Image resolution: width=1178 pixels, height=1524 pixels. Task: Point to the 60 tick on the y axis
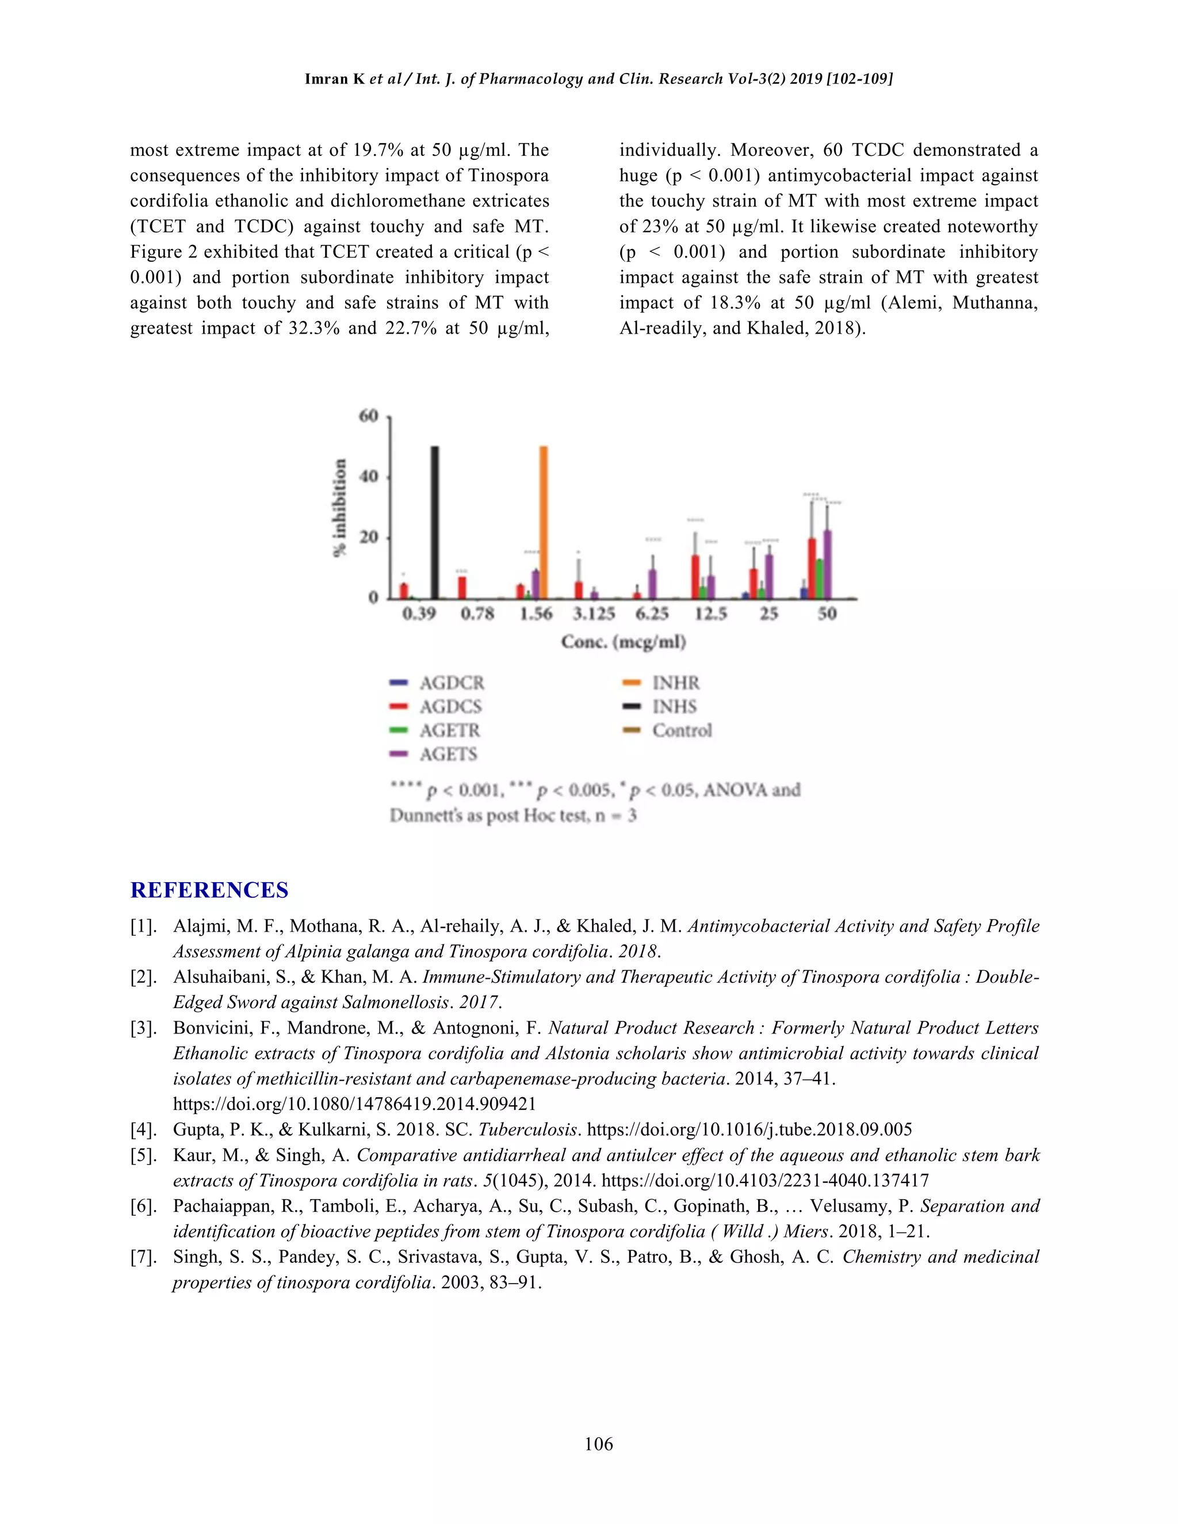[x=369, y=416]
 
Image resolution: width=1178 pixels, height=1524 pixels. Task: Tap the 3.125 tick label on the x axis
[x=594, y=614]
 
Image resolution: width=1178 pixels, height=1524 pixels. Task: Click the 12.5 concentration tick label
[x=710, y=614]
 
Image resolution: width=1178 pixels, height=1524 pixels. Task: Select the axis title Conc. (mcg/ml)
[x=623, y=642]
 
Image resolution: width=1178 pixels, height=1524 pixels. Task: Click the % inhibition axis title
[x=340, y=507]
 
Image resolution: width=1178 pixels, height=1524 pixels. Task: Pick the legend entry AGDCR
[x=451, y=683]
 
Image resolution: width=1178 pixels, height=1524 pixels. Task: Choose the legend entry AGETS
[x=448, y=755]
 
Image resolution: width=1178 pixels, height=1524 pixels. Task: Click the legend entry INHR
[x=675, y=683]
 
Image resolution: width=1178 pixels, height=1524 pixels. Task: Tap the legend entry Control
[x=681, y=730]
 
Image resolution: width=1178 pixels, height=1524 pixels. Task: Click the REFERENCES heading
[x=209, y=890]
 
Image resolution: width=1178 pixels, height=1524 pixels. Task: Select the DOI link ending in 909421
[x=354, y=1104]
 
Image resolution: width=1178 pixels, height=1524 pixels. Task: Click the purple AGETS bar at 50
[x=828, y=565]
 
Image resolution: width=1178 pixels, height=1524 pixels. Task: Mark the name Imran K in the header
[x=334, y=79]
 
